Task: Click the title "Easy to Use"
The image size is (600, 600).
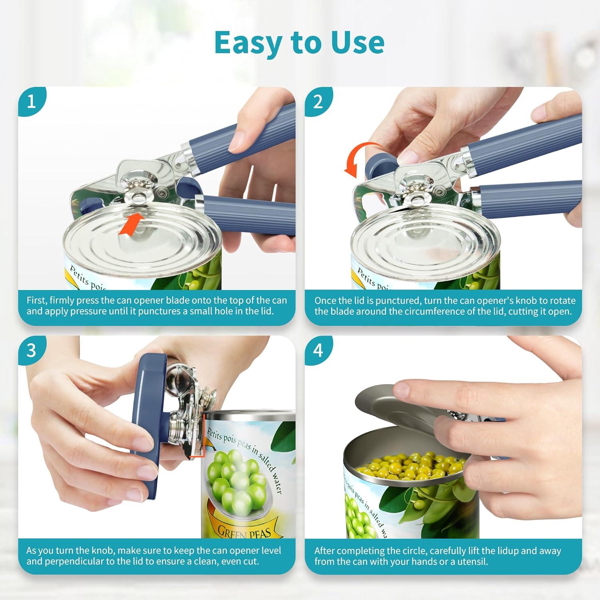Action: (x=299, y=42)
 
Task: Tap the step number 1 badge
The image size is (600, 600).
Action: (x=31, y=102)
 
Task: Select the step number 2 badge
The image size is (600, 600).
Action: (x=318, y=102)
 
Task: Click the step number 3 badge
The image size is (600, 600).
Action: (x=31, y=350)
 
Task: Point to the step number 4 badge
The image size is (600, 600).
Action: (x=318, y=350)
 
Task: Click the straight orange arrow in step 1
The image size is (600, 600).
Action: (x=131, y=224)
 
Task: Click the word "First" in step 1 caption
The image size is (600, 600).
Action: (x=36, y=300)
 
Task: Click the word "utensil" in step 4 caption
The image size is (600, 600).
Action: (x=473, y=561)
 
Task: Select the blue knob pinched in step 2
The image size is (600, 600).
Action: (x=382, y=163)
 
